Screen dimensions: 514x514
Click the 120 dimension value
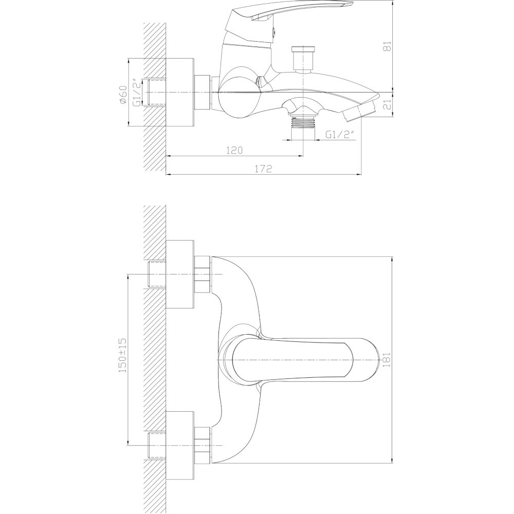point(234,150)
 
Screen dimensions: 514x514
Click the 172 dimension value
point(263,169)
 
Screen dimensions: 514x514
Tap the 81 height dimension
point(388,46)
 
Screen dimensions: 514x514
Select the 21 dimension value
point(388,105)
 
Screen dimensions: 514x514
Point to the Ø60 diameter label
point(123,95)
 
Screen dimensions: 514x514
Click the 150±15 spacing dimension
point(123,355)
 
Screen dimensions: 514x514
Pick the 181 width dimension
point(387,360)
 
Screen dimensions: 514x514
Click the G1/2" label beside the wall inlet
point(137,92)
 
